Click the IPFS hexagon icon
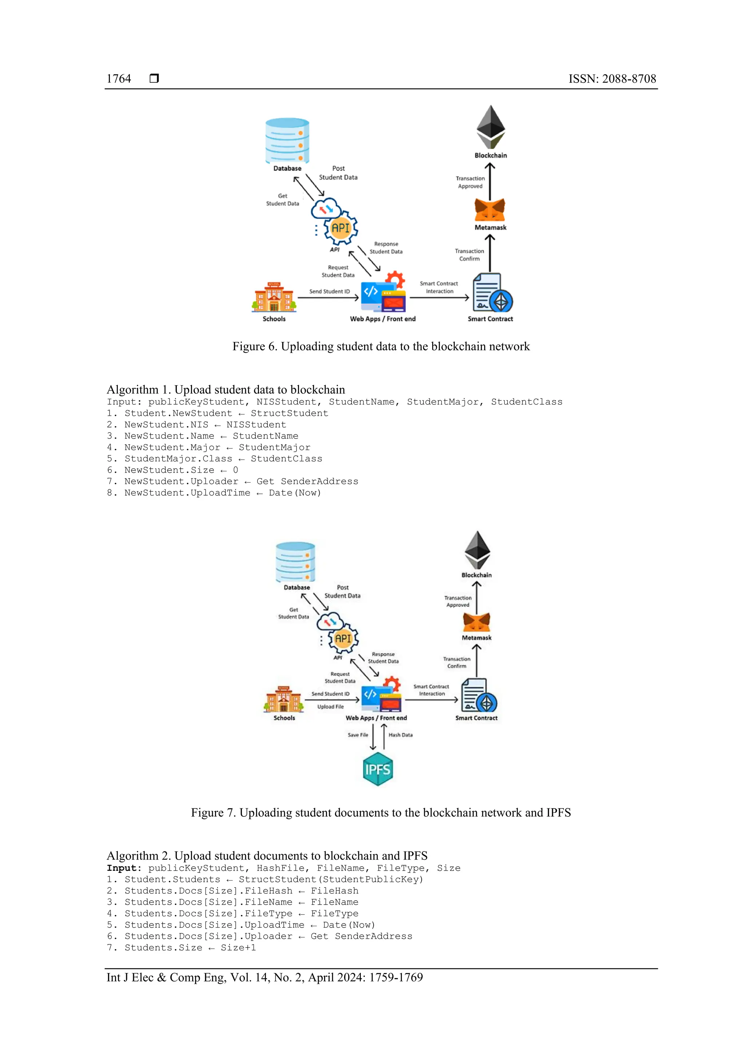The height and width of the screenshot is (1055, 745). (x=377, y=769)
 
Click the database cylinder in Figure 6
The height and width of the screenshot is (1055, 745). (x=287, y=140)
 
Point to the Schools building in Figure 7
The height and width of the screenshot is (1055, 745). (x=284, y=699)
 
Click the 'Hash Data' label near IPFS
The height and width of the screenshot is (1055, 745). (x=400, y=735)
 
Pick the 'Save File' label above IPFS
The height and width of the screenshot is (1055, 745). (x=358, y=735)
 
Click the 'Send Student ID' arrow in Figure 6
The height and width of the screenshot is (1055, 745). (x=328, y=298)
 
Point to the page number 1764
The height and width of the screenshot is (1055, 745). (x=119, y=79)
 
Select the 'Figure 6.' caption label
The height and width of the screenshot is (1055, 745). (x=254, y=346)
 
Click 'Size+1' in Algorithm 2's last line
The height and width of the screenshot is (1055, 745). (x=238, y=948)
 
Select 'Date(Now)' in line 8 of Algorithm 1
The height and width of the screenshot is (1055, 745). (x=295, y=493)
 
